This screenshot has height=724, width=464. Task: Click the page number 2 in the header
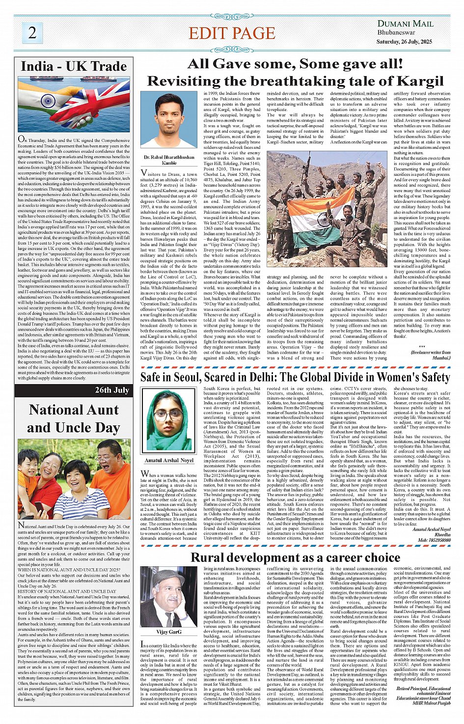pos(32,32)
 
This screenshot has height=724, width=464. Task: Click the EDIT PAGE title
pos(232,33)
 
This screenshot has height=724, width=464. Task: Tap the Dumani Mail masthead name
pos(405,24)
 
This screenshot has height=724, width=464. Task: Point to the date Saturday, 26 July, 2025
pos(404,42)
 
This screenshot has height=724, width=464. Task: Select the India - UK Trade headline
pos(74,66)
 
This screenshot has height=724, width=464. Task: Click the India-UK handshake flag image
pos(74,104)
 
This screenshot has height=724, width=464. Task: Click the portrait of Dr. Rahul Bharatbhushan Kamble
pos(169,121)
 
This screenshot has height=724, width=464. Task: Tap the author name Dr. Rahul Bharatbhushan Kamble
pos(169,160)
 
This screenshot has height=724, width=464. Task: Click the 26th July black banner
pos(74,390)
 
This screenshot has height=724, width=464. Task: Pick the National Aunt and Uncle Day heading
pos(74,418)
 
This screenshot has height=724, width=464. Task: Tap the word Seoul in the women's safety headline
pos(184,377)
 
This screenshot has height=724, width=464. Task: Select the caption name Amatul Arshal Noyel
pos(169,460)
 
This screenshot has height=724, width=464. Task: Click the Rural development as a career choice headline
pos(295,557)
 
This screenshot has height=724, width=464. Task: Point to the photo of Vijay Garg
pos(169,597)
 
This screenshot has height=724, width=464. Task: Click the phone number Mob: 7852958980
pos(434,540)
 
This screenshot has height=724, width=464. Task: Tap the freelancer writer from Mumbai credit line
pos(431,355)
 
